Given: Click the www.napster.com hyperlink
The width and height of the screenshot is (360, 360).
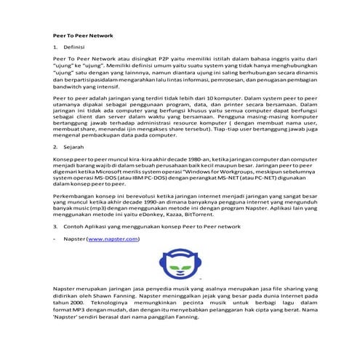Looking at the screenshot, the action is pos(113,238).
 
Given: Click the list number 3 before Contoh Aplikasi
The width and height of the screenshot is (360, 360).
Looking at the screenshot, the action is pos(55,226).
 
